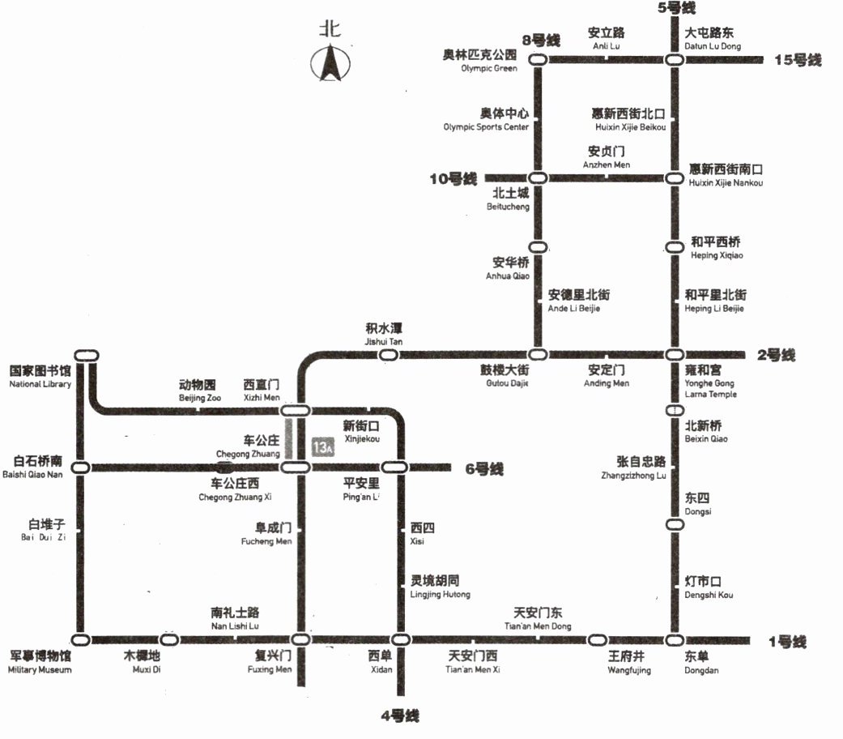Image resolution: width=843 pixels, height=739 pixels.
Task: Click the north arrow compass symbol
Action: pyautogui.click(x=330, y=63)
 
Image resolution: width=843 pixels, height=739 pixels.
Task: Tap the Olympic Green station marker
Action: pyautogui.click(x=537, y=59)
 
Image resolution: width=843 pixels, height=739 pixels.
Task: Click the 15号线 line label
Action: pyautogui.click(x=798, y=60)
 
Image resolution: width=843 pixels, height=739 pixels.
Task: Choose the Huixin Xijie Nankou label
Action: pyautogui.click(x=726, y=175)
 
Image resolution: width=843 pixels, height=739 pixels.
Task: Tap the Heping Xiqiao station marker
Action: pyautogui.click(x=674, y=247)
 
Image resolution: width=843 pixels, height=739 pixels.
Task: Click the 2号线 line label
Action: pyautogui.click(x=776, y=355)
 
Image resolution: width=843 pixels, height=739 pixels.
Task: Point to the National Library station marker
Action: pyautogui.click(x=86, y=355)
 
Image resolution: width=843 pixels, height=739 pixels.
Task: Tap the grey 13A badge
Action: pyautogui.click(x=323, y=447)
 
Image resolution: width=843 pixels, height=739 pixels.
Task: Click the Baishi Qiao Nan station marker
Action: pyautogui.click(x=80, y=467)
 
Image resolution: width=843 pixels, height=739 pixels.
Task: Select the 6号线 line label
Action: pyautogui.click(x=483, y=468)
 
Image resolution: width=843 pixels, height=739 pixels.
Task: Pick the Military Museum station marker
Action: pyautogui.click(x=79, y=639)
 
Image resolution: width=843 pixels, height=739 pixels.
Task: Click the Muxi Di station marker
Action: pyautogui.click(x=169, y=639)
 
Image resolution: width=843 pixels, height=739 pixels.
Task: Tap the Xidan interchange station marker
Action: pyautogui.click(x=398, y=639)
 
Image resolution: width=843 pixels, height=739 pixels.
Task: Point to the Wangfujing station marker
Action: pyautogui.click(x=598, y=639)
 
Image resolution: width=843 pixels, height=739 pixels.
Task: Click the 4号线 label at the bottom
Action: pyautogui.click(x=400, y=716)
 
